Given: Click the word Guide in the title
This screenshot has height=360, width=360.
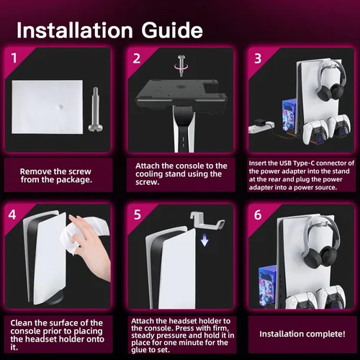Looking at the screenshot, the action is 172,30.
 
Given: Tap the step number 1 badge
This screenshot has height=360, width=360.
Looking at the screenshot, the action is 14,58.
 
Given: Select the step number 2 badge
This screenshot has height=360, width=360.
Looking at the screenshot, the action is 137,58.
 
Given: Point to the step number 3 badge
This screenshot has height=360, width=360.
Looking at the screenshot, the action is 258,58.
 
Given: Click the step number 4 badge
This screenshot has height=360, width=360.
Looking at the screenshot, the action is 12,215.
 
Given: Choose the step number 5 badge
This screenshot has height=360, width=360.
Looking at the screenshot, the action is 137,215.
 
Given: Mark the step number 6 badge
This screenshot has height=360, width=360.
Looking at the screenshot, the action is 258,215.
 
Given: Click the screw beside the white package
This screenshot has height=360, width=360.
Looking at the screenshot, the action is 96,109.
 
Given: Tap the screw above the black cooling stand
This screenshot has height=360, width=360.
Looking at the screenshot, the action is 181,66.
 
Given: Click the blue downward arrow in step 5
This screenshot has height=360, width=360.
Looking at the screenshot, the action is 204,240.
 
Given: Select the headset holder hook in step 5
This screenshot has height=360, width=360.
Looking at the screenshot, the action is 207,221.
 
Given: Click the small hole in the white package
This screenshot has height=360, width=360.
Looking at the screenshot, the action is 61,107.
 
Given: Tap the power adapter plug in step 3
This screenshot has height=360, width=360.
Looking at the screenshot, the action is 261,125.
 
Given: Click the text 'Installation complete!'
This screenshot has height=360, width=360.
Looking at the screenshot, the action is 302,334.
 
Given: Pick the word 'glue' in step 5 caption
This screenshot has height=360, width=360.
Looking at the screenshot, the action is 138,350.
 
